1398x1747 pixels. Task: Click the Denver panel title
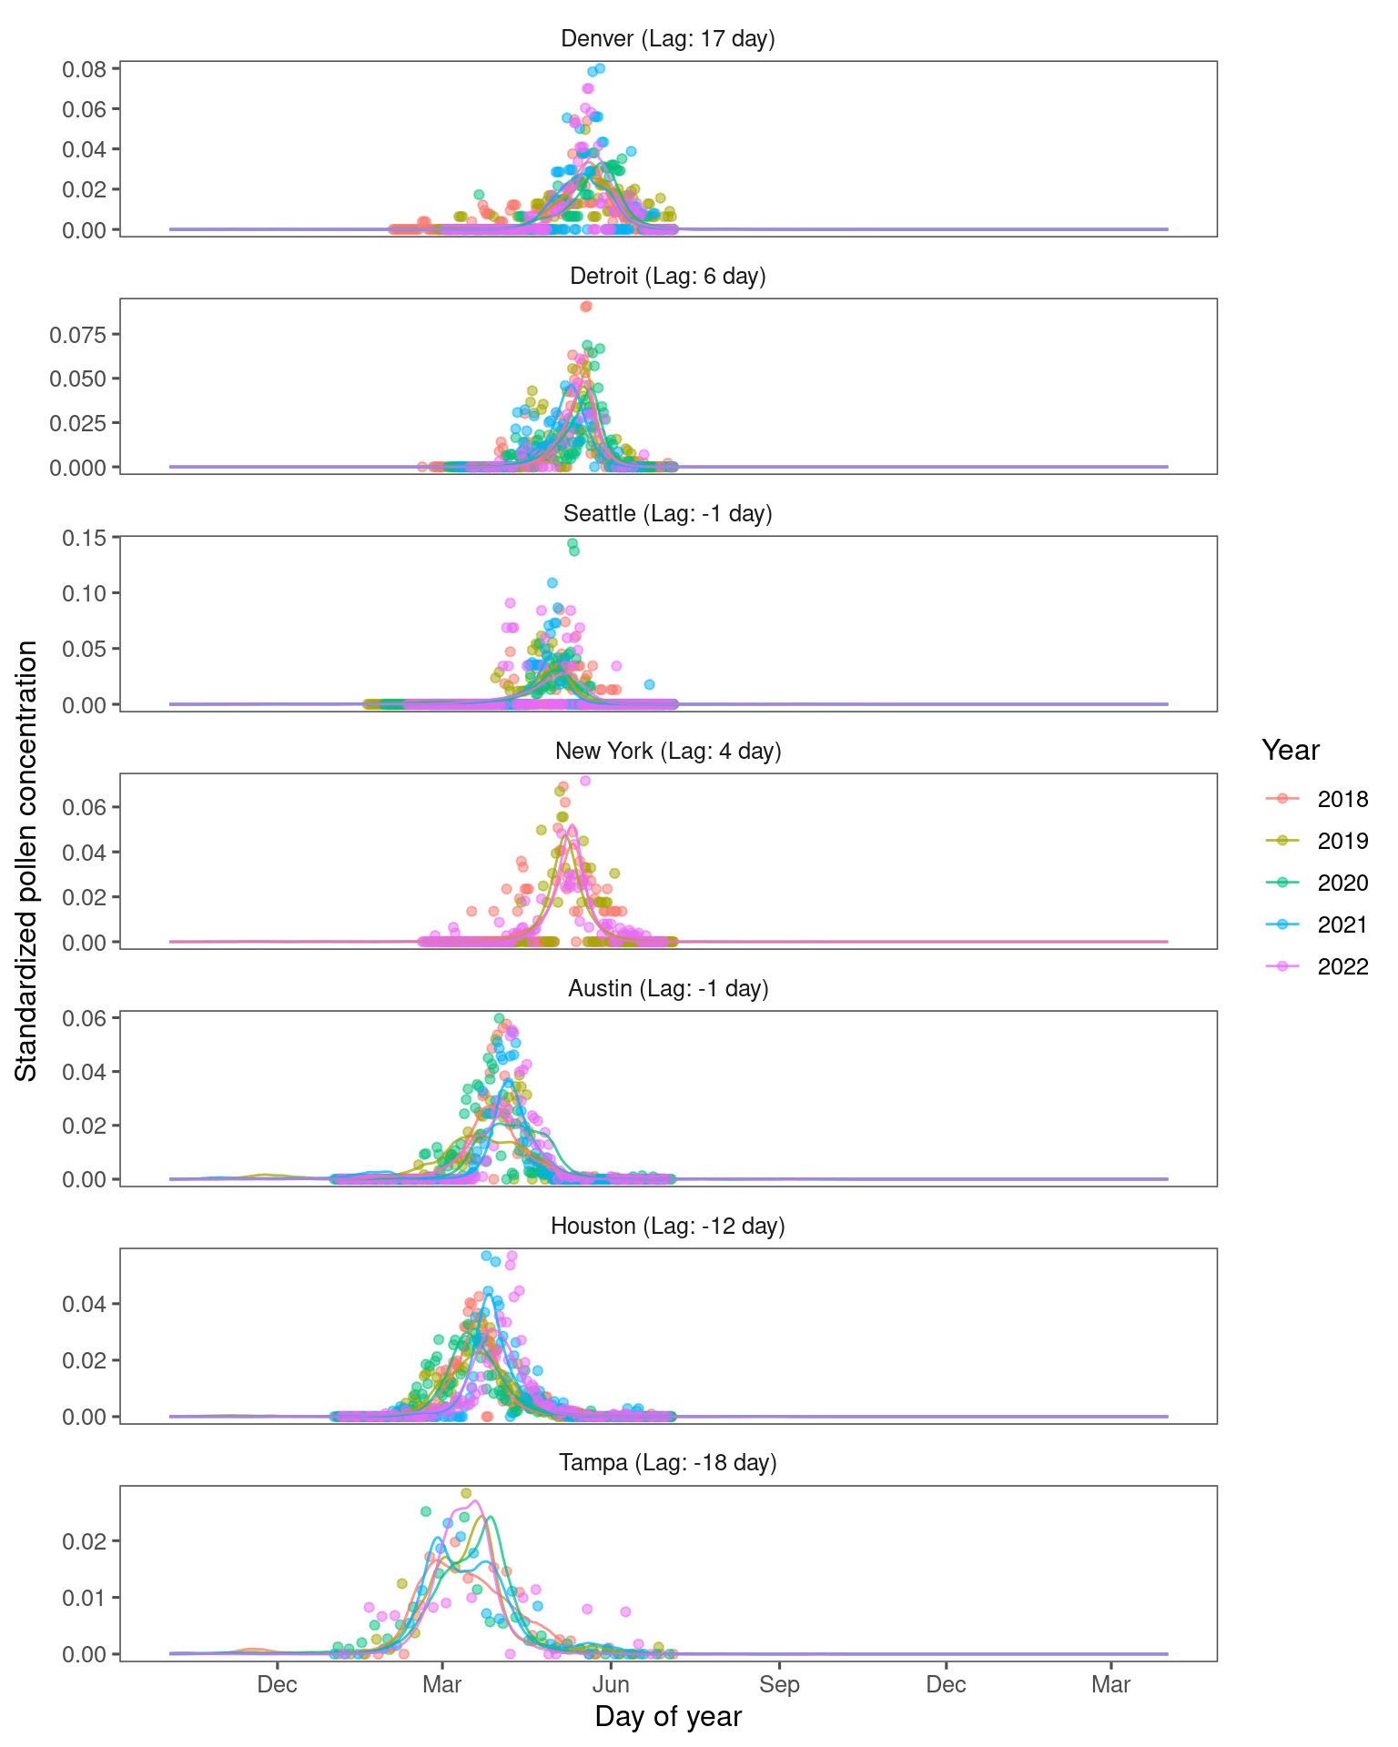click(x=668, y=39)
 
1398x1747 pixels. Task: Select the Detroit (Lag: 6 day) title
click(x=668, y=277)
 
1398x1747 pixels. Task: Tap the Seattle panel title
click(x=668, y=514)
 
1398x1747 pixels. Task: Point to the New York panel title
click(x=668, y=752)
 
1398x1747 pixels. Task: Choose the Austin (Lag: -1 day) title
click(x=668, y=989)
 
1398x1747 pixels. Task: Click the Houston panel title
click(x=668, y=1227)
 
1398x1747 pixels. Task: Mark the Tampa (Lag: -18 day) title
click(x=668, y=1463)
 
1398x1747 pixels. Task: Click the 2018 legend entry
click(x=1342, y=800)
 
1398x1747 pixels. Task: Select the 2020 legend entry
click(x=1342, y=884)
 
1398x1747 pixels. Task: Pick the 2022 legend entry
click(x=1342, y=967)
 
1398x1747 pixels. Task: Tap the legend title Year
click(x=1291, y=751)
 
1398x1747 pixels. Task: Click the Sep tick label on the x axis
click(x=779, y=1685)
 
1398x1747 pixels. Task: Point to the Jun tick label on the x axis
click(x=612, y=1685)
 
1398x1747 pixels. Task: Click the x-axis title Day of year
click(x=668, y=1717)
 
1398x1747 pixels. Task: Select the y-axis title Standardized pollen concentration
click(x=26, y=861)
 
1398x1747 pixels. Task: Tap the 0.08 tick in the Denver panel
click(x=85, y=69)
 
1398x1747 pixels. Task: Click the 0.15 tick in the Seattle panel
click(x=85, y=538)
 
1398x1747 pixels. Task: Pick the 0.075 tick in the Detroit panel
click(x=78, y=335)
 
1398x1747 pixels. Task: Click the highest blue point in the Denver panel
click(x=600, y=68)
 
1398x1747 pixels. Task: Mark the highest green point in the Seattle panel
click(x=572, y=543)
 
